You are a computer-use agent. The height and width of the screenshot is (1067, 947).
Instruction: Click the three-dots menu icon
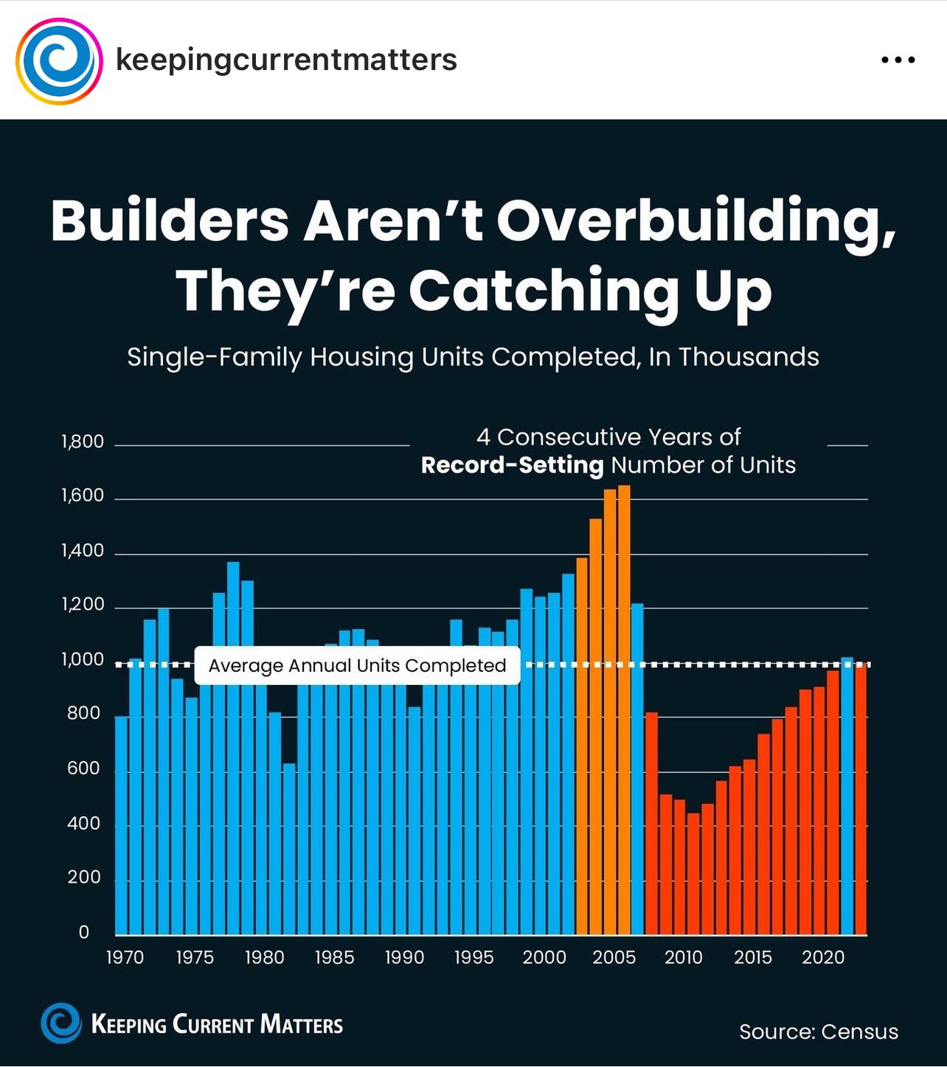coord(898,60)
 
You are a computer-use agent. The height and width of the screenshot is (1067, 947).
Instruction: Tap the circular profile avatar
coord(59,60)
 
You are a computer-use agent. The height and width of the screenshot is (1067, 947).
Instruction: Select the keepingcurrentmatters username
coord(286,60)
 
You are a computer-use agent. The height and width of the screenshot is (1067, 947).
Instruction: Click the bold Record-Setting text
coord(512,465)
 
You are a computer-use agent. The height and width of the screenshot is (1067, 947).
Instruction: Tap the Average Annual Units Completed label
coord(357,666)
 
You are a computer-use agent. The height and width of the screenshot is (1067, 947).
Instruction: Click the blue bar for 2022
coord(847,796)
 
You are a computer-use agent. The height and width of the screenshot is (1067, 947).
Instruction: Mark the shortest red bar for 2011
coord(693,874)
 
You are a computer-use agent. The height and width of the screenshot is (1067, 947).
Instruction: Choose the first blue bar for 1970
coord(122,825)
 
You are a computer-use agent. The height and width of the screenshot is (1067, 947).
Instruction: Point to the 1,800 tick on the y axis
coord(83,442)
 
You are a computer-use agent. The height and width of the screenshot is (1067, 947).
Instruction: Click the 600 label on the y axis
coord(83,768)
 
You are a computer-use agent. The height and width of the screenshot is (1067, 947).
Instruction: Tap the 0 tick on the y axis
coord(83,932)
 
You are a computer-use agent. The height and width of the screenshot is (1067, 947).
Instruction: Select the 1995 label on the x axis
coord(473,957)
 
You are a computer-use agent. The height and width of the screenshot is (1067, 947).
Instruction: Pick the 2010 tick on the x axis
coord(683,957)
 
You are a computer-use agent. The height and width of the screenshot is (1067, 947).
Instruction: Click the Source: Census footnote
coord(819,1032)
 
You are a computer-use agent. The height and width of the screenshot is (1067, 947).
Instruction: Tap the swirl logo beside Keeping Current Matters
coord(61,1023)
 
